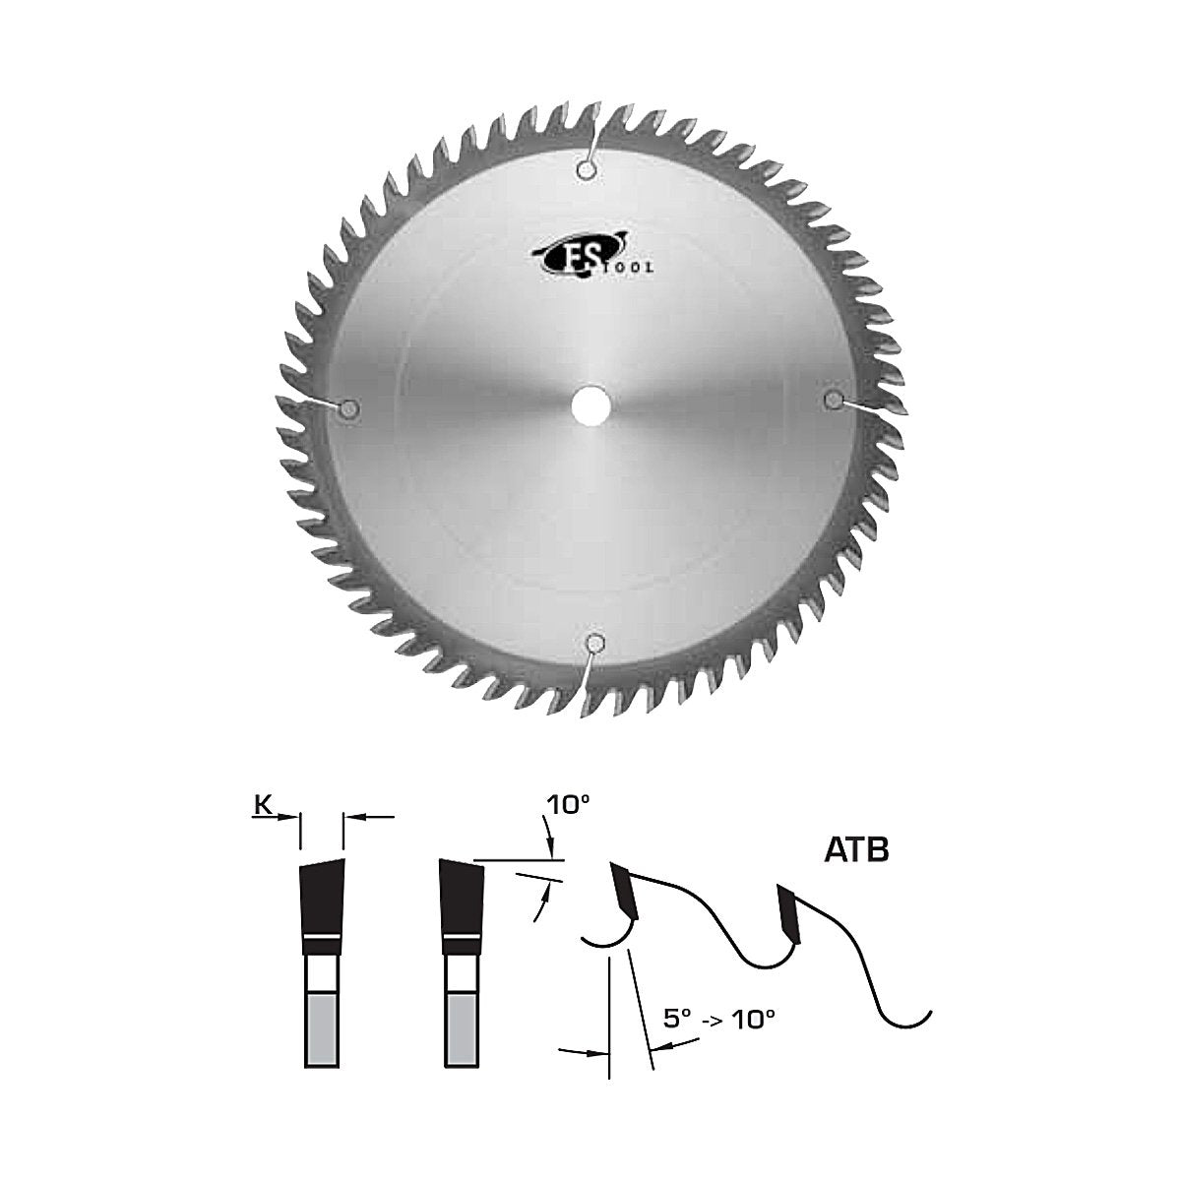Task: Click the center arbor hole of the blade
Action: tap(591, 404)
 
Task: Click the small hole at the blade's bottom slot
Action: tap(592, 643)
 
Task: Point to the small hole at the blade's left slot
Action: tap(350, 406)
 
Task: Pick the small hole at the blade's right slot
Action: tap(833, 401)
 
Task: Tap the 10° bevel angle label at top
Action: tap(563, 805)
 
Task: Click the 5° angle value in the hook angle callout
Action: tap(677, 1020)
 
